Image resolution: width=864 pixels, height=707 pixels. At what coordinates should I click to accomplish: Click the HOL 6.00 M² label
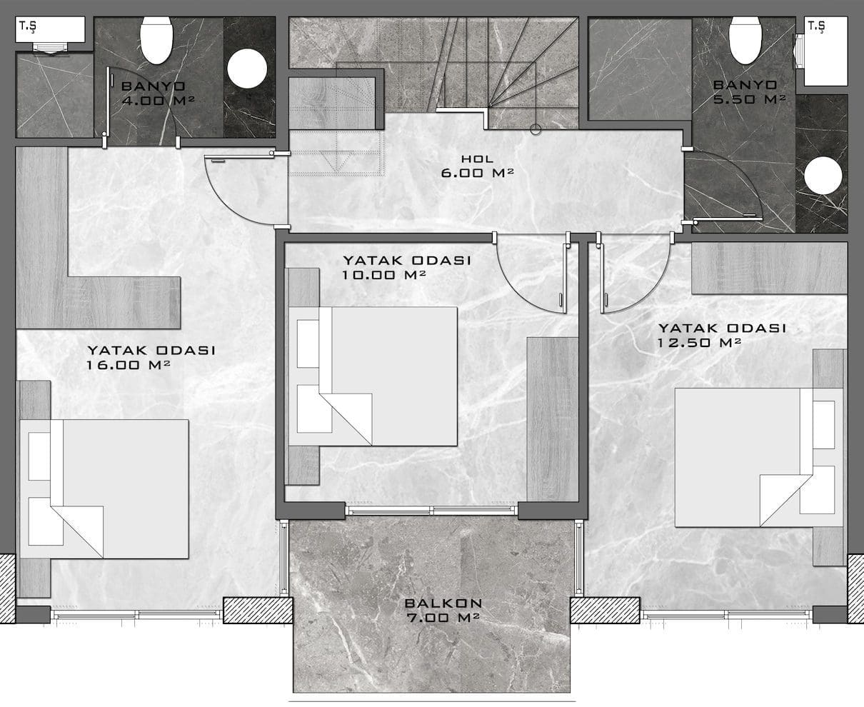(x=477, y=166)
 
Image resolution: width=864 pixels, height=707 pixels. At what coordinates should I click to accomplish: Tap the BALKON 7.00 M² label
(x=443, y=611)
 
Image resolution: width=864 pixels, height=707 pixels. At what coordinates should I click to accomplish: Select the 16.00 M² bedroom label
(x=151, y=357)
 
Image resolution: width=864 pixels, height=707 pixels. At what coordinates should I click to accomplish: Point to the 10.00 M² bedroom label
(x=407, y=267)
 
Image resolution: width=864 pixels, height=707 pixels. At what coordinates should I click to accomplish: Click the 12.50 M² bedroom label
(x=722, y=335)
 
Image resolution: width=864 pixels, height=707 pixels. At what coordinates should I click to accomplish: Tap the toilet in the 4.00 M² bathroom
(x=156, y=40)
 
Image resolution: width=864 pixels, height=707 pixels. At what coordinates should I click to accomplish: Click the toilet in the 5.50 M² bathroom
(x=745, y=40)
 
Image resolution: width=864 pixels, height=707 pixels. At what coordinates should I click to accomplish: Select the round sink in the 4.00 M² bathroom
(x=247, y=69)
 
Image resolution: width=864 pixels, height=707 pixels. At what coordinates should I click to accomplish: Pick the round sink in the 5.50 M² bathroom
(x=823, y=176)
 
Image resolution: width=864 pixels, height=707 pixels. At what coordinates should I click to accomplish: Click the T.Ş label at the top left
(x=28, y=26)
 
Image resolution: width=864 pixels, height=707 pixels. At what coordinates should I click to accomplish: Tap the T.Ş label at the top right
(x=816, y=26)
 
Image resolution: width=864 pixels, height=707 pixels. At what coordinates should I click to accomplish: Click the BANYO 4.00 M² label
(x=158, y=93)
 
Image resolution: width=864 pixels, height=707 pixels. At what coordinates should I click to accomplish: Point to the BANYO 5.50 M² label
(x=749, y=92)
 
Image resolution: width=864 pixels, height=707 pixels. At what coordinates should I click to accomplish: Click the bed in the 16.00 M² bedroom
(x=104, y=489)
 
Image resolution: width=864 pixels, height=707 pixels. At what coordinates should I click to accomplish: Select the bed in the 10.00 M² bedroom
(x=373, y=376)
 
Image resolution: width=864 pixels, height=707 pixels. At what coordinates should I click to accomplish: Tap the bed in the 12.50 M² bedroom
(x=759, y=457)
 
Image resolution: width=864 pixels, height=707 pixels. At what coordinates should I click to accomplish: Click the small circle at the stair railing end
(x=536, y=130)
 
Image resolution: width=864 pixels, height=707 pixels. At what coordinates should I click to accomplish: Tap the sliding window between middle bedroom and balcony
(x=431, y=510)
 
